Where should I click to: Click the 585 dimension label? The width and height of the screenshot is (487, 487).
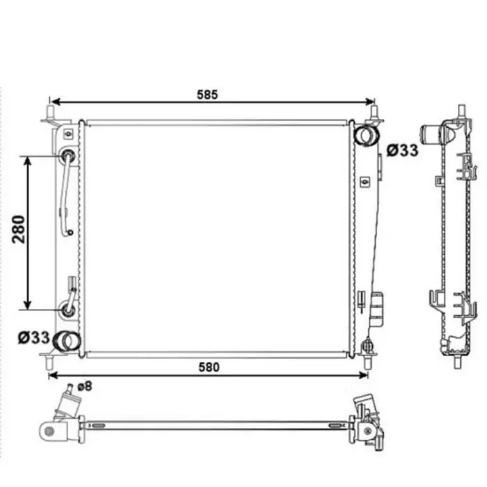pyautogui.click(x=207, y=95)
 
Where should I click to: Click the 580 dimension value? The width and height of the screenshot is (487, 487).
pyautogui.click(x=209, y=367)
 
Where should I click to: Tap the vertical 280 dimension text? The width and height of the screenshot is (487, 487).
pyautogui.click(x=19, y=229)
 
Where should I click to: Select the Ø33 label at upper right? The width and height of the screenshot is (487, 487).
pyautogui.click(x=403, y=151)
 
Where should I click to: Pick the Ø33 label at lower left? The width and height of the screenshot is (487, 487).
pyautogui.click(x=34, y=337)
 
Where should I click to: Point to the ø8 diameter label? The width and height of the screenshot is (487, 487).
pyautogui.click(x=84, y=386)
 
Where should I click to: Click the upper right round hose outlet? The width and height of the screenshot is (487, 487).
pyautogui.click(x=367, y=134)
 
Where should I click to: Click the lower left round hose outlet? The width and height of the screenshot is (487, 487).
pyautogui.click(x=67, y=342)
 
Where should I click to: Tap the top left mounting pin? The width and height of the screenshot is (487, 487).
pyautogui.click(x=50, y=113)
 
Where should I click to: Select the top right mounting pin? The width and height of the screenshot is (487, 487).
pyautogui.click(x=374, y=113)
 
